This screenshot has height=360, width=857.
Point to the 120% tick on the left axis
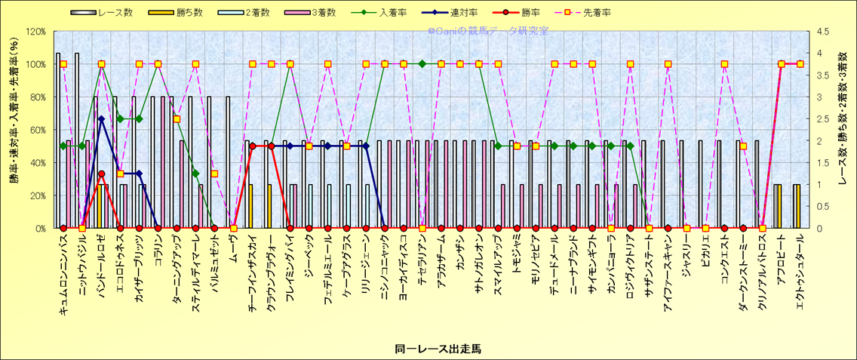[x=35, y=32]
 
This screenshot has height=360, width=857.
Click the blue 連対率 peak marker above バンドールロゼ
[x=101, y=118]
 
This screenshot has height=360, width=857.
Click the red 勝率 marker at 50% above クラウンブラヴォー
[x=271, y=146]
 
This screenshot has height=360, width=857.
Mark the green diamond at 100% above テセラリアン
[x=422, y=64]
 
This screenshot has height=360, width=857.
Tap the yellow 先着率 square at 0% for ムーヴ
[x=234, y=228]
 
